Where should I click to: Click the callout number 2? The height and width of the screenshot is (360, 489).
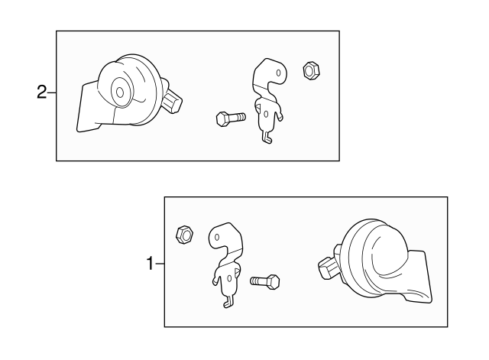(x=41, y=92)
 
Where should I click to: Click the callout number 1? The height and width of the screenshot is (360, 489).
(x=151, y=264)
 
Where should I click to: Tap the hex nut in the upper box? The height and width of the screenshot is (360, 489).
(x=311, y=70)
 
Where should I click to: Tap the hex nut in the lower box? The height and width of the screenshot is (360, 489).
(x=185, y=235)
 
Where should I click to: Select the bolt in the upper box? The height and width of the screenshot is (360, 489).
(x=231, y=118)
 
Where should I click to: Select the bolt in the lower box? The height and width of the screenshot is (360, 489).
(x=265, y=282)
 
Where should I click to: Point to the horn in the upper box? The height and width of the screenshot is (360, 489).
(x=128, y=93)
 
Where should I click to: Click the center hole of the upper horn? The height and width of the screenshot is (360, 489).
(x=120, y=92)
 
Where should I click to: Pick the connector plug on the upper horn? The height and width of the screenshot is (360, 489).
(x=171, y=103)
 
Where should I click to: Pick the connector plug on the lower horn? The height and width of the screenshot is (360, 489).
(x=328, y=267)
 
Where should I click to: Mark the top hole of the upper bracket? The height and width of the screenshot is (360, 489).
(x=278, y=73)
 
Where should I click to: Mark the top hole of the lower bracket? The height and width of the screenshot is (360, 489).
(x=217, y=238)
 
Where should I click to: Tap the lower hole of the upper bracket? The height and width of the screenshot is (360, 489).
(x=266, y=115)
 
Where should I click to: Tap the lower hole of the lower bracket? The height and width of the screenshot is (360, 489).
(x=230, y=278)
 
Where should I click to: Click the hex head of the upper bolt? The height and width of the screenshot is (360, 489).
(x=222, y=119)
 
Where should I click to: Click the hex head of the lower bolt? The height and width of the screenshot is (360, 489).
(x=274, y=282)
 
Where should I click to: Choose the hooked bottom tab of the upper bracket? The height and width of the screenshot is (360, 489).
(x=267, y=138)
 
